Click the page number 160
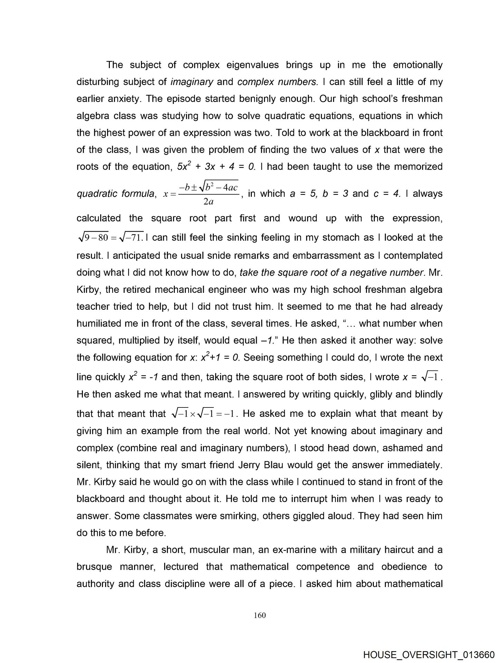259,615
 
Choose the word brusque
94,566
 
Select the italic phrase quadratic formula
115,194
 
